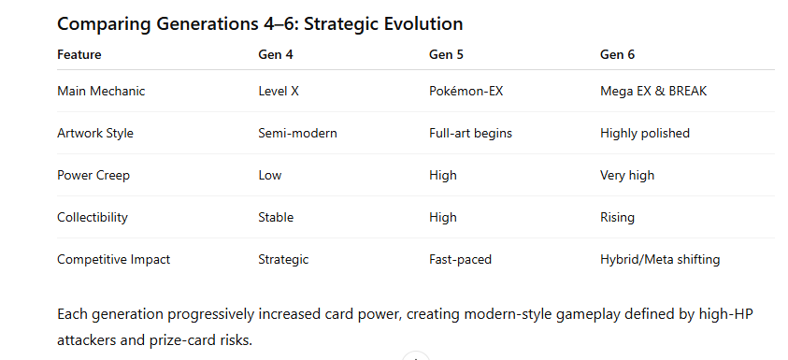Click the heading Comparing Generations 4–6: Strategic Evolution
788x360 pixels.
coord(260,23)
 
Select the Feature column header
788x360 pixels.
coord(79,55)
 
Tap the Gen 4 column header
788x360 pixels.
coord(276,55)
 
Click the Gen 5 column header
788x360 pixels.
coord(446,55)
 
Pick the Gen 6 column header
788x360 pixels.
coord(617,55)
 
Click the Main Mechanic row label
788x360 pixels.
coord(101,91)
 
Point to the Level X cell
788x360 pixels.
coord(279,91)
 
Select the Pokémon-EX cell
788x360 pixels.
coord(466,91)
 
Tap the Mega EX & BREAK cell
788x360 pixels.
coord(653,91)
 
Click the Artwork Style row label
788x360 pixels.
coord(95,133)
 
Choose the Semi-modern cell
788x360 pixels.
coord(297,133)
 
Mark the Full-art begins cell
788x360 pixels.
coord(470,133)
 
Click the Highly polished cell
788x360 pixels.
coord(645,133)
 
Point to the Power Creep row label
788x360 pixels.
coord(93,176)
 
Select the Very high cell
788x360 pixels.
coord(627,176)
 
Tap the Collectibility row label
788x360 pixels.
coord(93,217)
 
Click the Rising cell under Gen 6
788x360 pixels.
coord(617,217)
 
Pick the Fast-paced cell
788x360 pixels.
coord(460,259)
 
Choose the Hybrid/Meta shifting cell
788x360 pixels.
coord(660,259)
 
